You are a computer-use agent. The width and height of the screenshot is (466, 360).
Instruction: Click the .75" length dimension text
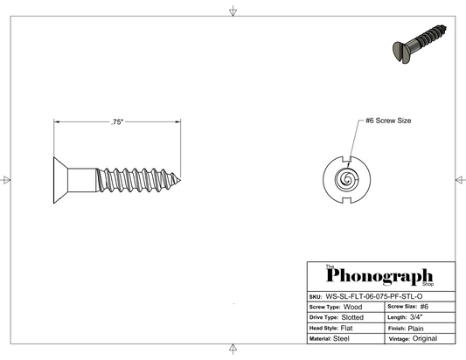click(117, 122)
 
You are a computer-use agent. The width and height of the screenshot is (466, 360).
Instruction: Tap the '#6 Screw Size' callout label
click(388, 121)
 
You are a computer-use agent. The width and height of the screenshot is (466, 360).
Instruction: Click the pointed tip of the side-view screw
click(180, 180)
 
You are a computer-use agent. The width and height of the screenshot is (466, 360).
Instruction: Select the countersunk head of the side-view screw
click(60, 180)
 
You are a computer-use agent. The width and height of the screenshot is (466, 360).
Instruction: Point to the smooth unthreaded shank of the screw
click(82, 180)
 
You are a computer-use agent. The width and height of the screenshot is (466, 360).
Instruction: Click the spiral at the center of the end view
click(346, 179)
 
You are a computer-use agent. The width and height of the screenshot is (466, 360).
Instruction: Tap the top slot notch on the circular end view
click(346, 159)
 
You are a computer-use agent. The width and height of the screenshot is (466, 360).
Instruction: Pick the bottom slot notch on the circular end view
click(346, 200)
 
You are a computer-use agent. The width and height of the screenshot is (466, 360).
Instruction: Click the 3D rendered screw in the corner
click(420, 44)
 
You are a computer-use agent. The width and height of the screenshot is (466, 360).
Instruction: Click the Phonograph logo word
click(379, 276)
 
